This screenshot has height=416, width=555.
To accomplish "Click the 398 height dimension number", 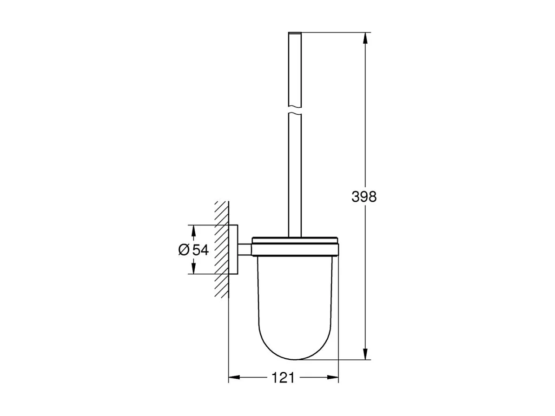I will point(364,197).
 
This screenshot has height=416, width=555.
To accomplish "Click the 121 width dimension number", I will point(284,377).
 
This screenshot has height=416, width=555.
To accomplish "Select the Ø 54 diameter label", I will point(192,250).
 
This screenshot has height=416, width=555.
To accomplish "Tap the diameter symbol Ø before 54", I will point(183,250).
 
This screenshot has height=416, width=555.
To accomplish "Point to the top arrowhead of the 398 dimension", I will point(366,38).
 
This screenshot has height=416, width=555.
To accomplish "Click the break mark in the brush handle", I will point(295,112).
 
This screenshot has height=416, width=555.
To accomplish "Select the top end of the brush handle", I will point(295,33).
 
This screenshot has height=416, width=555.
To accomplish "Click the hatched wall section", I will point(222,250).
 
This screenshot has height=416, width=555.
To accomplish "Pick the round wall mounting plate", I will point(234,250).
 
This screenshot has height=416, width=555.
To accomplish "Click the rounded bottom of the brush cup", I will point(295,346).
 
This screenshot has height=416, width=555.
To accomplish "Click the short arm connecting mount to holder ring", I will point(245,250).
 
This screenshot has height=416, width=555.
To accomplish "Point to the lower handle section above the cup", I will point(295,177).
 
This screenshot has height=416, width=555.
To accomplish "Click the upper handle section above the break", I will point(295,70).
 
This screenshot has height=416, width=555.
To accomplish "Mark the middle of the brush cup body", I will point(295,297).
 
